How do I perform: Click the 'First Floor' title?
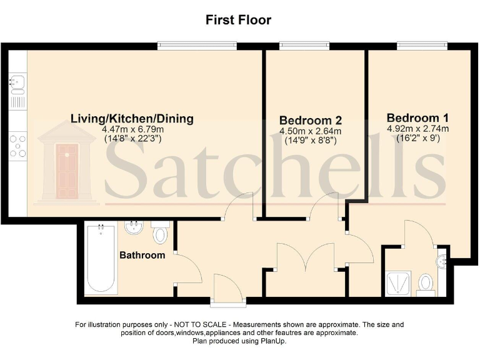(x=239, y=20)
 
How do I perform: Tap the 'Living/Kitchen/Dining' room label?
(x=132, y=119)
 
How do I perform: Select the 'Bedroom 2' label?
(x=311, y=120)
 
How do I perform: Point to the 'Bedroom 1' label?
(x=417, y=117)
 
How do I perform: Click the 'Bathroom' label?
(x=142, y=255)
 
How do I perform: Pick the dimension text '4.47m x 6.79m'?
(x=132, y=129)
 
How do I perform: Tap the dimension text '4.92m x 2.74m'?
(x=417, y=129)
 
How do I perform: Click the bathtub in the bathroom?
(x=100, y=259)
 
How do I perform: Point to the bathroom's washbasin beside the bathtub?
(x=133, y=228)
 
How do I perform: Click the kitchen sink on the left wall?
(x=17, y=81)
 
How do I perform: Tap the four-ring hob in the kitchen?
(x=17, y=145)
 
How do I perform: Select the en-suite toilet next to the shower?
(x=426, y=282)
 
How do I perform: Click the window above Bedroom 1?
(x=422, y=45)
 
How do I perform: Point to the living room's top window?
(x=197, y=45)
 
